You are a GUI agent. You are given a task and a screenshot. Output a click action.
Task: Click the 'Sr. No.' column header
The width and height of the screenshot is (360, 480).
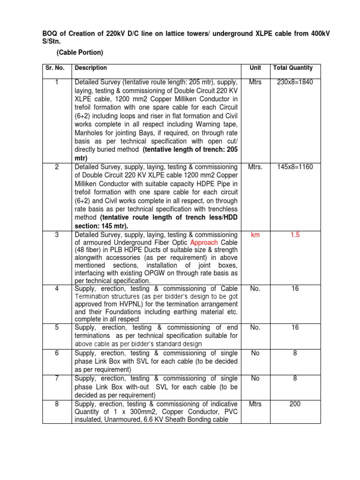click(56, 68)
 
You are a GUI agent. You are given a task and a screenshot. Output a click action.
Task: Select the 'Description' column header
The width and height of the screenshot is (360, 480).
click(91, 68)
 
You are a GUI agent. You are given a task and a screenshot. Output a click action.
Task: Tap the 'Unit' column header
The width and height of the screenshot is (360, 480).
click(255, 68)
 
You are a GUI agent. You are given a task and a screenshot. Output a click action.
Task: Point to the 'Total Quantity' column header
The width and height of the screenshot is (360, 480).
click(292, 68)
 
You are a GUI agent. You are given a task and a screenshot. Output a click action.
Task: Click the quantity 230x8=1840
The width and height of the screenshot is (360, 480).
click(295, 82)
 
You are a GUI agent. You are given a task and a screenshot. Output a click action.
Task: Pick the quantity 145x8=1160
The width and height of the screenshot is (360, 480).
click(295, 167)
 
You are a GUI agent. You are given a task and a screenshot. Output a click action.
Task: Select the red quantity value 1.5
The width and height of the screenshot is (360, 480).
click(295, 234)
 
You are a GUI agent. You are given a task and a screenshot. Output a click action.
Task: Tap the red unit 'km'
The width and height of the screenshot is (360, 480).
click(255, 234)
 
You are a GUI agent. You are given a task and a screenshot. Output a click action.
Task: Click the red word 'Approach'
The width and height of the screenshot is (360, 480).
click(203, 243)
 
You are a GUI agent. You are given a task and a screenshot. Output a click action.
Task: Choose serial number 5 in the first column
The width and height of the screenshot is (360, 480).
click(56, 327)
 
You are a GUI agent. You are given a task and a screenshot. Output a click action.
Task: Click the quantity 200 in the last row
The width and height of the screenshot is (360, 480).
click(295, 403)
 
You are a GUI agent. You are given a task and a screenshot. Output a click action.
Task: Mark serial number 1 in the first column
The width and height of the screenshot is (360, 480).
click(56, 82)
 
